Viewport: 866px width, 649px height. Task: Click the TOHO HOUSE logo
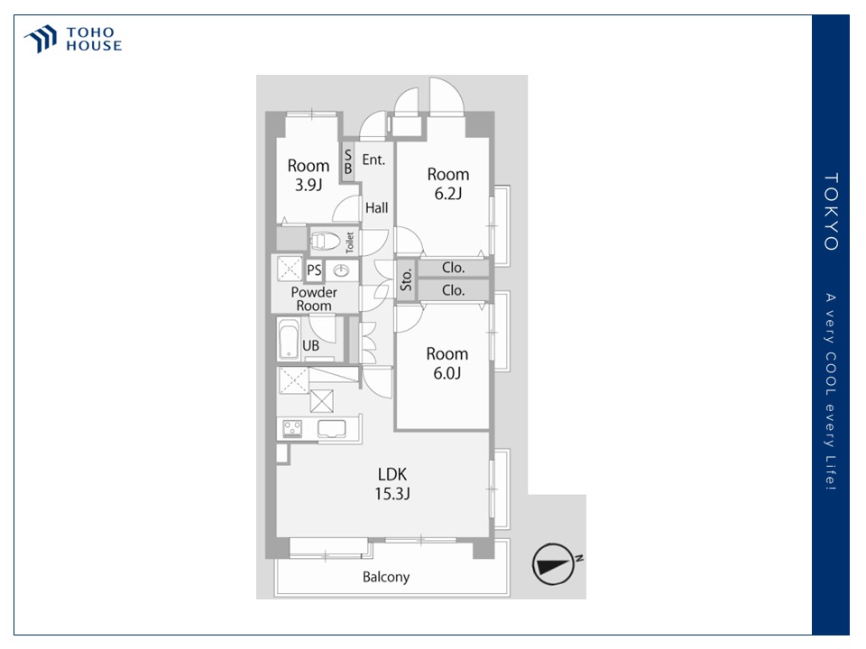coord(72,39)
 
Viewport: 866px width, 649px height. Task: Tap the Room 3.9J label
coord(309,175)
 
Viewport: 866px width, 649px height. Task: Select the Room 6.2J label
coord(448,184)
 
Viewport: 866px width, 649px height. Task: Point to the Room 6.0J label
coord(447,363)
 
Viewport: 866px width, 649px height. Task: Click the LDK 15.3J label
coord(392,483)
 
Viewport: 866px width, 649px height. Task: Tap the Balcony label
coord(386,577)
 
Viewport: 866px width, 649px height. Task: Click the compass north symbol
coord(553,564)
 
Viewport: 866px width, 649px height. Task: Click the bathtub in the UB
coord(289,339)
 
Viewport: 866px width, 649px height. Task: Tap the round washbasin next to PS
coord(341,270)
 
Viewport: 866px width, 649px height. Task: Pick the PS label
coord(314,270)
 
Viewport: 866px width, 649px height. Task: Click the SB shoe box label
coord(348,161)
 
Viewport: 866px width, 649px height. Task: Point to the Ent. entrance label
coord(373,160)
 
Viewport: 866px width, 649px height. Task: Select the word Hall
coord(377,207)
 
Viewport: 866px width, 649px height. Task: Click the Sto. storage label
coord(406,279)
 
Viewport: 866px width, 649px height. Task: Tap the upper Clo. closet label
coord(453,268)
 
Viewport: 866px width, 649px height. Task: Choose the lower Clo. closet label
coord(453,290)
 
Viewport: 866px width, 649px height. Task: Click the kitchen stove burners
coord(292,428)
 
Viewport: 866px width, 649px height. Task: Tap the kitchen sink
coord(331,428)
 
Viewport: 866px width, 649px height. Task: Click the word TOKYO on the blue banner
coord(831,212)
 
